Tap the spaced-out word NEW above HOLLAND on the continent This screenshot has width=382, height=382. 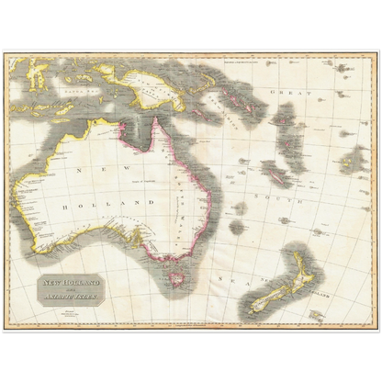[95, 169]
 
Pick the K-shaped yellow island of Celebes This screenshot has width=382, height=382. [38, 73]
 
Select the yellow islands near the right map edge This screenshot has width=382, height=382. [352, 161]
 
